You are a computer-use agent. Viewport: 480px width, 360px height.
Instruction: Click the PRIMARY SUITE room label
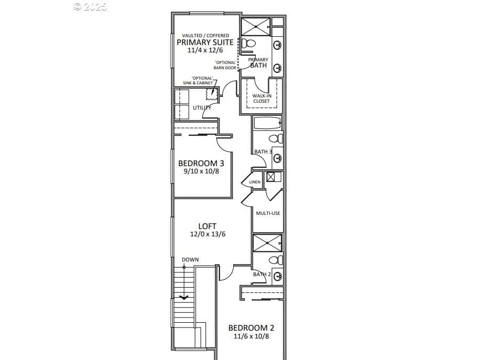[205, 42]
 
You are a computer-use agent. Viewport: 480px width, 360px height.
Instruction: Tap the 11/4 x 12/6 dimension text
[205, 50]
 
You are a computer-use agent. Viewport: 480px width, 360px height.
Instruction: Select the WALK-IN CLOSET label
[261, 99]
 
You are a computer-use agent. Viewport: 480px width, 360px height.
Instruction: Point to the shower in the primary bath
[256, 27]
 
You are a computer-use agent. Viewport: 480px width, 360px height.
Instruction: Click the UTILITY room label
[202, 107]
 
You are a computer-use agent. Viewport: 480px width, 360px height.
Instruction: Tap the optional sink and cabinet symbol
[212, 94]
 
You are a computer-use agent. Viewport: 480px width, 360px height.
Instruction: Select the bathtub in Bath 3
[267, 123]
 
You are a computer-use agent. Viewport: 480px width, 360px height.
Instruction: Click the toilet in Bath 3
[276, 138]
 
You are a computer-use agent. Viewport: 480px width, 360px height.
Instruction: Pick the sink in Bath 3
[278, 158]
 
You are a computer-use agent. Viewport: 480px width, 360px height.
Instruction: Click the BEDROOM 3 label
[201, 163]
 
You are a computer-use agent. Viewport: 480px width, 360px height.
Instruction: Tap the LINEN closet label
[255, 182]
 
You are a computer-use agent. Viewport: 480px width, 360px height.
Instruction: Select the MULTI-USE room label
[268, 213]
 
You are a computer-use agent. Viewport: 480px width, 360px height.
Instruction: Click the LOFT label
[208, 226]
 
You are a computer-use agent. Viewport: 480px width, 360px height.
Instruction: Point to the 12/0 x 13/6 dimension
[208, 234]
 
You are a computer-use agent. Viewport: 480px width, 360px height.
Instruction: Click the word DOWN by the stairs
[190, 259]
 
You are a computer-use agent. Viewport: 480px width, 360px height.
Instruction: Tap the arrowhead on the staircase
[184, 297]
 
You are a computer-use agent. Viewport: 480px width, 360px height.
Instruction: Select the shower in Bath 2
[267, 243]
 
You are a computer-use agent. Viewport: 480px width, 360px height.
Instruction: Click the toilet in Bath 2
[276, 260]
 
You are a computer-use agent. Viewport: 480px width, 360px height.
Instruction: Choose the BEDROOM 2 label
[252, 328]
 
